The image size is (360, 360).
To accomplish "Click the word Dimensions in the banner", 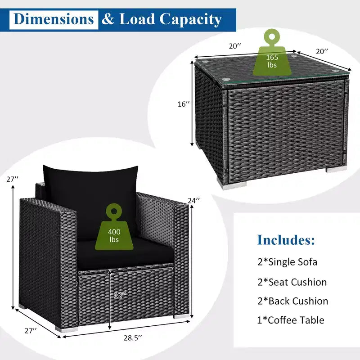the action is (x=54, y=19).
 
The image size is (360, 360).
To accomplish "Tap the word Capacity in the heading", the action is (x=190, y=20).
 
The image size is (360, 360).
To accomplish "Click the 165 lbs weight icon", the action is (x=272, y=52).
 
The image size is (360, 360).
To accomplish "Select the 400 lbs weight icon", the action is (x=114, y=227).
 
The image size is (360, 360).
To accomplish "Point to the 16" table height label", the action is (x=184, y=104).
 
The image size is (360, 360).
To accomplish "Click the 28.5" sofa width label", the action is (x=133, y=338).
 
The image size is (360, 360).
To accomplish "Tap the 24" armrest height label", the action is (x=194, y=200).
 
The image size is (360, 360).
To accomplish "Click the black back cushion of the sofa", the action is (x=91, y=198).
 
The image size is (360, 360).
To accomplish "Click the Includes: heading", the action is (x=286, y=240).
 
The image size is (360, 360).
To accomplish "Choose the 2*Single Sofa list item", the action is (x=287, y=262).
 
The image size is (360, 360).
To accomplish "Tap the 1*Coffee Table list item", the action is (x=291, y=320).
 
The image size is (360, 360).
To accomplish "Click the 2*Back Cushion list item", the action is (x=293, y=301).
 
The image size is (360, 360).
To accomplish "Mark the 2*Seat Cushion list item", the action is (x=292, y=282).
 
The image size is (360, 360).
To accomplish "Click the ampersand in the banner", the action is (x=108, y=19).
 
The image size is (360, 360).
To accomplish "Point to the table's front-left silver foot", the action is (x=234, y=185).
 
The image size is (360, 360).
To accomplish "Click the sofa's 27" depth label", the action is (x=31, y=331).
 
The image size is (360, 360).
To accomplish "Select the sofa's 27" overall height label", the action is (x=13, y=179).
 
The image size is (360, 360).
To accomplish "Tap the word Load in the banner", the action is (x=137, y=19).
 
